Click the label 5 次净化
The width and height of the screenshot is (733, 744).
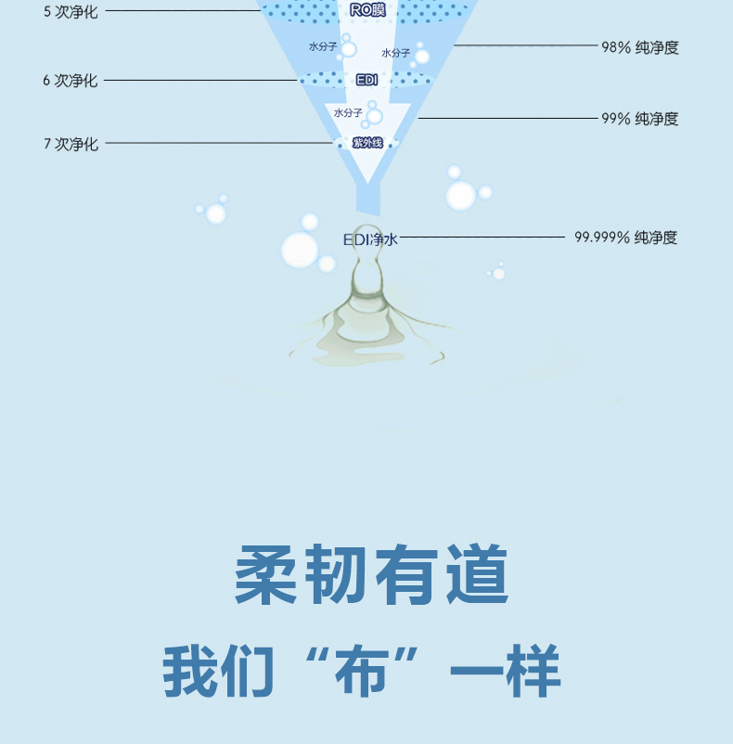pos(70,12)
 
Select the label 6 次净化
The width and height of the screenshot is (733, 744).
pos(70,81)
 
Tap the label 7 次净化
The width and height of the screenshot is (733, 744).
pos(70,144)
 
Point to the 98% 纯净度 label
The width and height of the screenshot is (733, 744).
pos(639,47)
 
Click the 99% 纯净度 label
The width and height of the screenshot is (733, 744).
pos(639,119)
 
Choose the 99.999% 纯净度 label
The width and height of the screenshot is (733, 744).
pos(625,237)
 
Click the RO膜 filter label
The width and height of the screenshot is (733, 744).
pos(367,10)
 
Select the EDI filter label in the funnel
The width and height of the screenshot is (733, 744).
pos(367,80)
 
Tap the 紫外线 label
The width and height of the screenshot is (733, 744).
pos(367,143)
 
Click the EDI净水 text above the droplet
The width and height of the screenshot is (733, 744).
pos(370,239)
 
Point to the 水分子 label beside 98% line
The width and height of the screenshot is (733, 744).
pos(396,53)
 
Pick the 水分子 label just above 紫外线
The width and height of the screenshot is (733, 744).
pos(348,113)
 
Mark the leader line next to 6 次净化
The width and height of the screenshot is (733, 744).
pos(199,81)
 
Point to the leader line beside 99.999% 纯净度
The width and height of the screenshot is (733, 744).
pos(482,237)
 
